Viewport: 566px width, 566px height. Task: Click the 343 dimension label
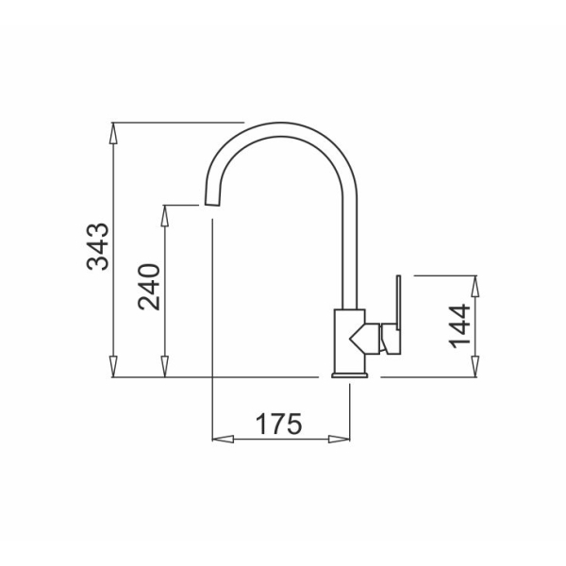click(x=98, y=247)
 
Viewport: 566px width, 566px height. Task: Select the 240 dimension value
click(x=149, y=287)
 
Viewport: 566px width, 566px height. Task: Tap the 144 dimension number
click(x=460, y=326)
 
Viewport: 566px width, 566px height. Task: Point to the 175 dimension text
click(x=278, y=424)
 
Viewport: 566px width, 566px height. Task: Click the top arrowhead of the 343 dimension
click(x=113, y=134)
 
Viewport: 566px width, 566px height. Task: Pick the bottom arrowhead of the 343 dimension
click(x=113, y=367)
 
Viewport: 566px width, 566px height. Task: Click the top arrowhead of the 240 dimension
click(x=164, y=216)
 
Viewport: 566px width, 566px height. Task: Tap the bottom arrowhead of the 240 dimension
click(x=164, y=367)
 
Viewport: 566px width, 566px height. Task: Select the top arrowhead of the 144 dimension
click(x=475, y=286)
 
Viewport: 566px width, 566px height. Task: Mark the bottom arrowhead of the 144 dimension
click(x=475, y=367)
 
